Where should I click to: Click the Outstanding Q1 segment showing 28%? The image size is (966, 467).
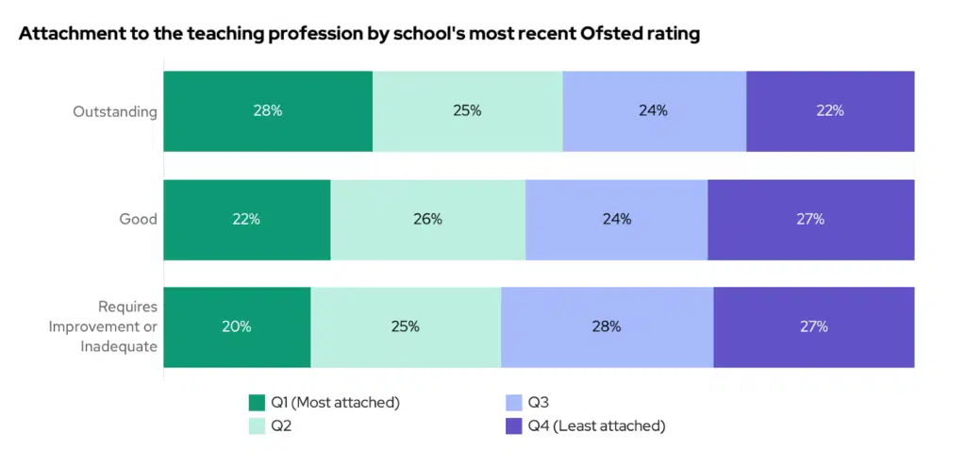click(268, 110)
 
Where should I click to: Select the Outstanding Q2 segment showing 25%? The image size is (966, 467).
click(467, 110)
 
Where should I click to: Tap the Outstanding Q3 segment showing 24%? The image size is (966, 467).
click(654, 110)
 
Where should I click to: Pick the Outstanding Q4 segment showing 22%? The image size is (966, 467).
click(830, 110)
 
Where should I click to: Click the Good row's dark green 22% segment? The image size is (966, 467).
click(246, 219)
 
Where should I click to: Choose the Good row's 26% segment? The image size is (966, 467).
click(427, 219)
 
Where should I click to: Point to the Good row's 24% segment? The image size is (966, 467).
click(616, 219)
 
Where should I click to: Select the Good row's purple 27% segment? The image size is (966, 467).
click(810, 219)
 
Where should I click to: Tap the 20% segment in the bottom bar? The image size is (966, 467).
click(237, 326)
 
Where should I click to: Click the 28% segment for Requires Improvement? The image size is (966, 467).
click(607, 326)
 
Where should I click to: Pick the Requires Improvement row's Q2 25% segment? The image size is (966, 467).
click(406, 326)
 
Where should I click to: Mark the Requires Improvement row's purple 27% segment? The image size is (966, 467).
click(813, 326)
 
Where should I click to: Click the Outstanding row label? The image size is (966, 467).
click(115, 111)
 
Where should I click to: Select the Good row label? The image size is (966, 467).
click(138, 219)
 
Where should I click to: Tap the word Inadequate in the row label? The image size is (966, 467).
click(118, 346)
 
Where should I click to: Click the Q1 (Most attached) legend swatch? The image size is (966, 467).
click(257, 403)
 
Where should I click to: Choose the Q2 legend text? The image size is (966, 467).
click(281, 425)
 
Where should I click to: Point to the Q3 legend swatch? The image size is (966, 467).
click(514, 403)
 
